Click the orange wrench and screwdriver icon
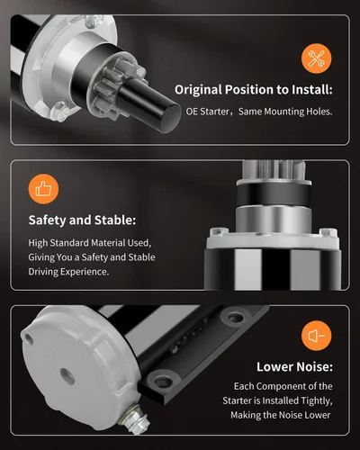point(317,58)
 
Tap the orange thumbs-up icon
point(43,189)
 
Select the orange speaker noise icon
point(317,336)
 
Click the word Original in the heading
point(198,90)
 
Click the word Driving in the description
point(43,272)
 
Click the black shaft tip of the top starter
point(169,117)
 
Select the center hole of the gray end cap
point(67,376)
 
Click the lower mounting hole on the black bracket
point(163,381)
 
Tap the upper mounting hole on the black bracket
point(235,317)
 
